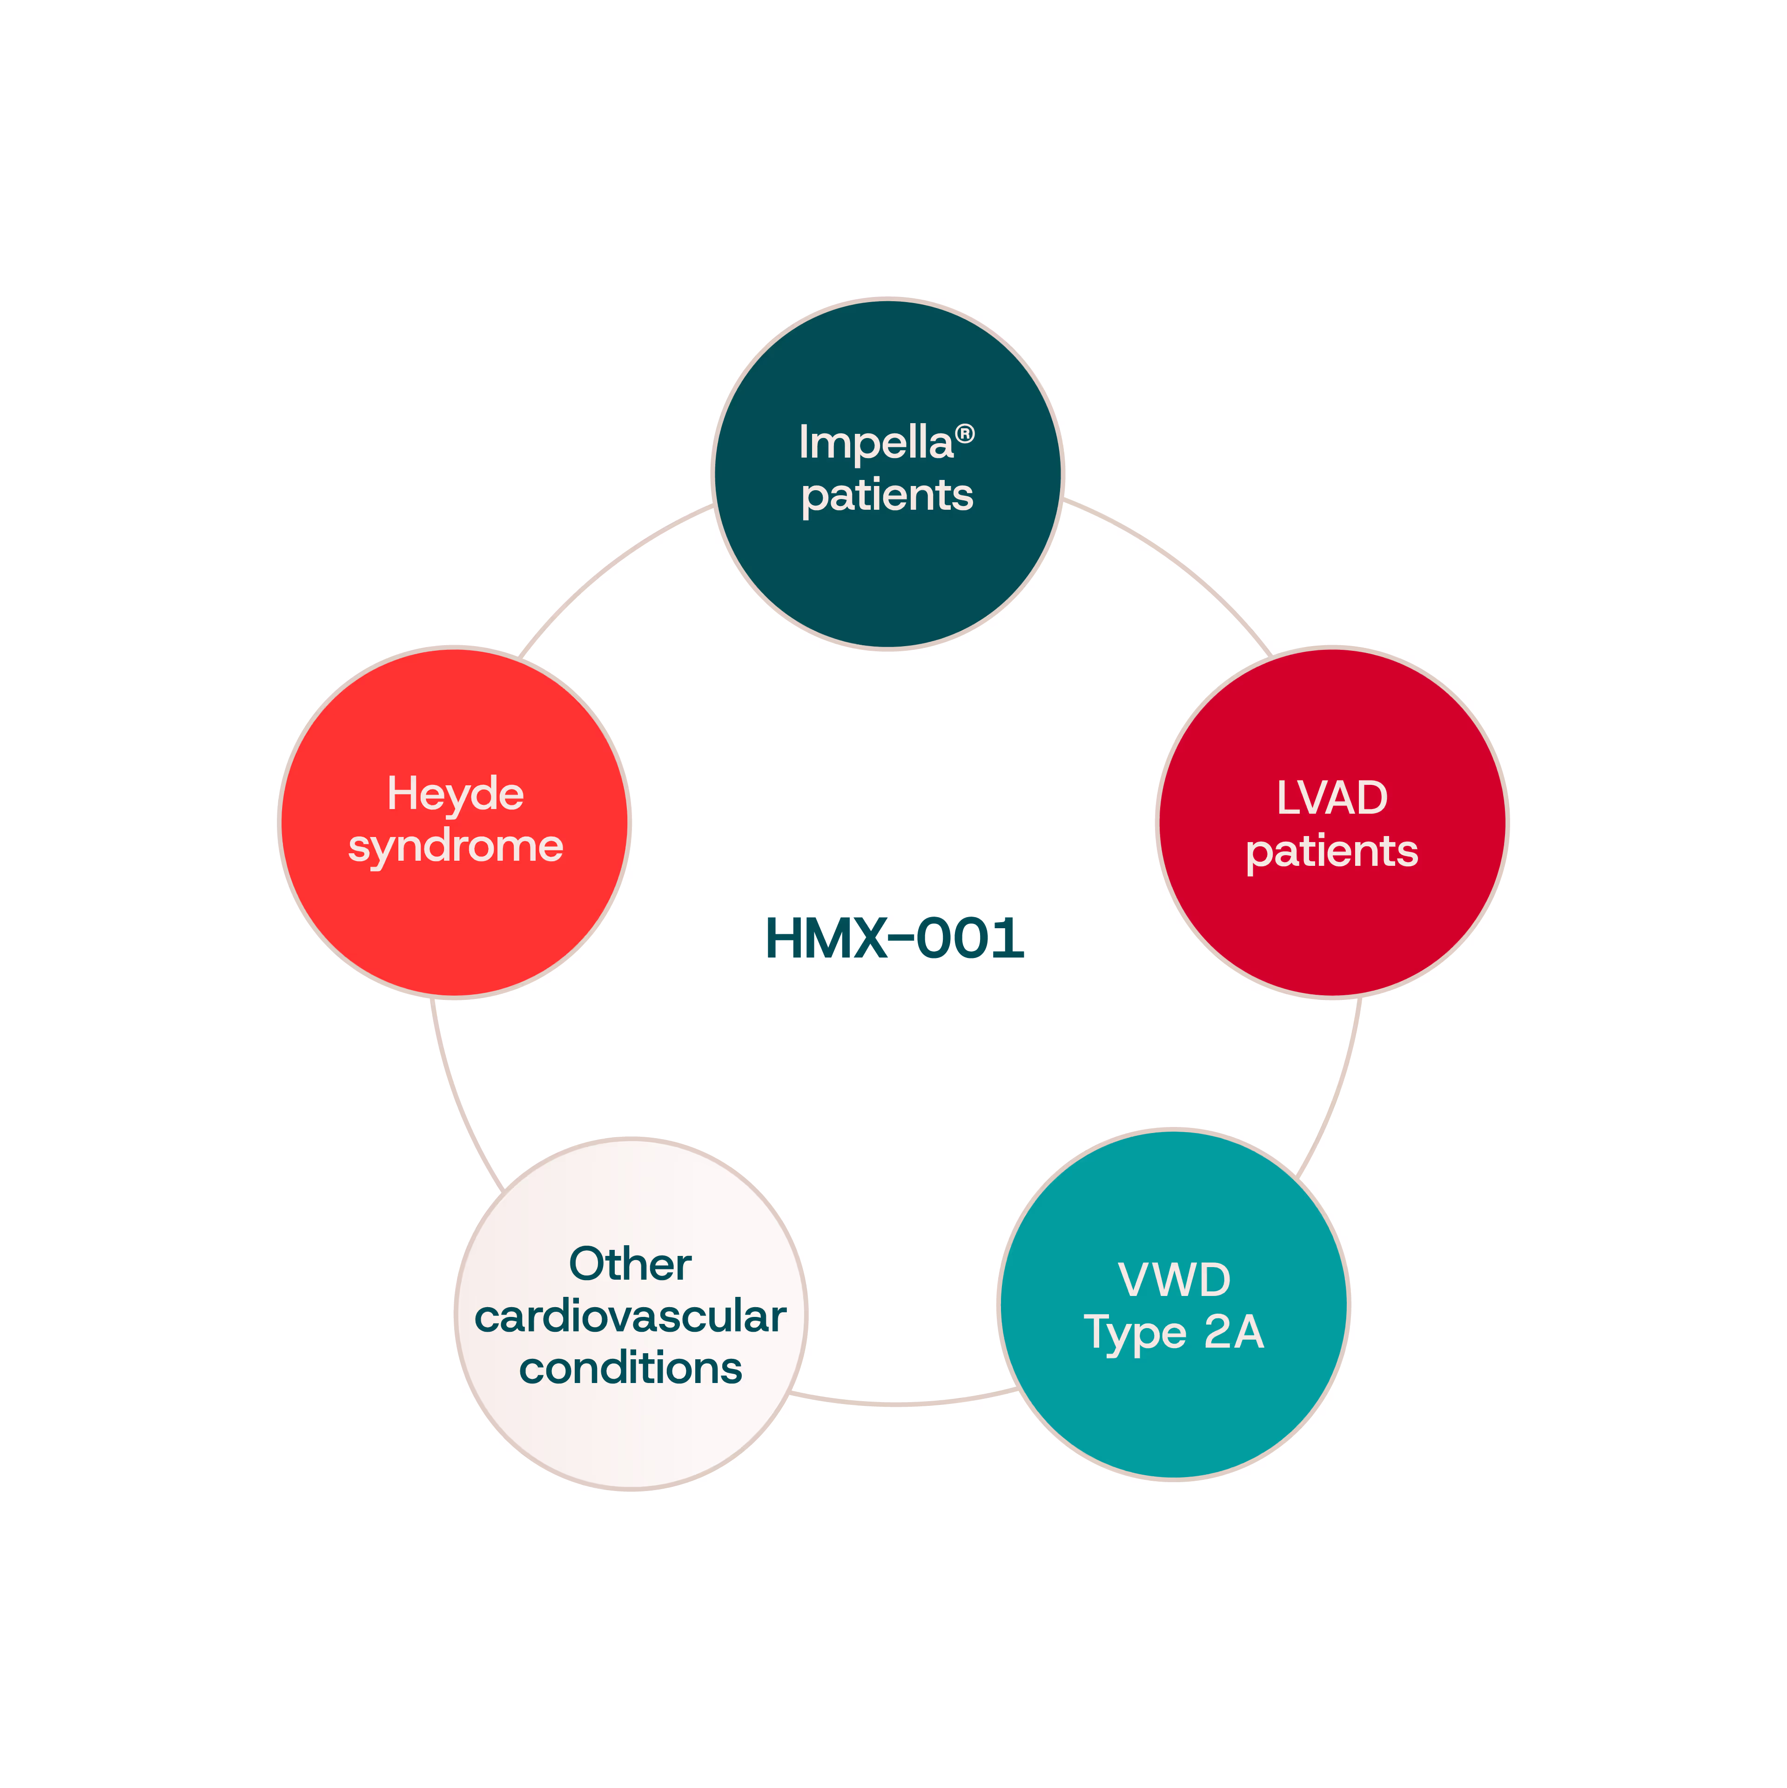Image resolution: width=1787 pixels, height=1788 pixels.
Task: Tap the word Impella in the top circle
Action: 875,442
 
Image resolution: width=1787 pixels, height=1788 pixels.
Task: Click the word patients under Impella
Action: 887,495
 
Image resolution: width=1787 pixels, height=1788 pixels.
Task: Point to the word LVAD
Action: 1332,798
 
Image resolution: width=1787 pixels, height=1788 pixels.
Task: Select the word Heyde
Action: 455,794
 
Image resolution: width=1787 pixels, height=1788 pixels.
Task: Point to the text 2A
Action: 1234,1333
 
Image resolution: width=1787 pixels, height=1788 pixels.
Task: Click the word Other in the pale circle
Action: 630,1264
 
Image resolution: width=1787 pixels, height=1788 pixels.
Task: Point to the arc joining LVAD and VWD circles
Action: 1337,1092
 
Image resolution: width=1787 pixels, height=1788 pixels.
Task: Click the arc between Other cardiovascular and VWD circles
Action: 898,1404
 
